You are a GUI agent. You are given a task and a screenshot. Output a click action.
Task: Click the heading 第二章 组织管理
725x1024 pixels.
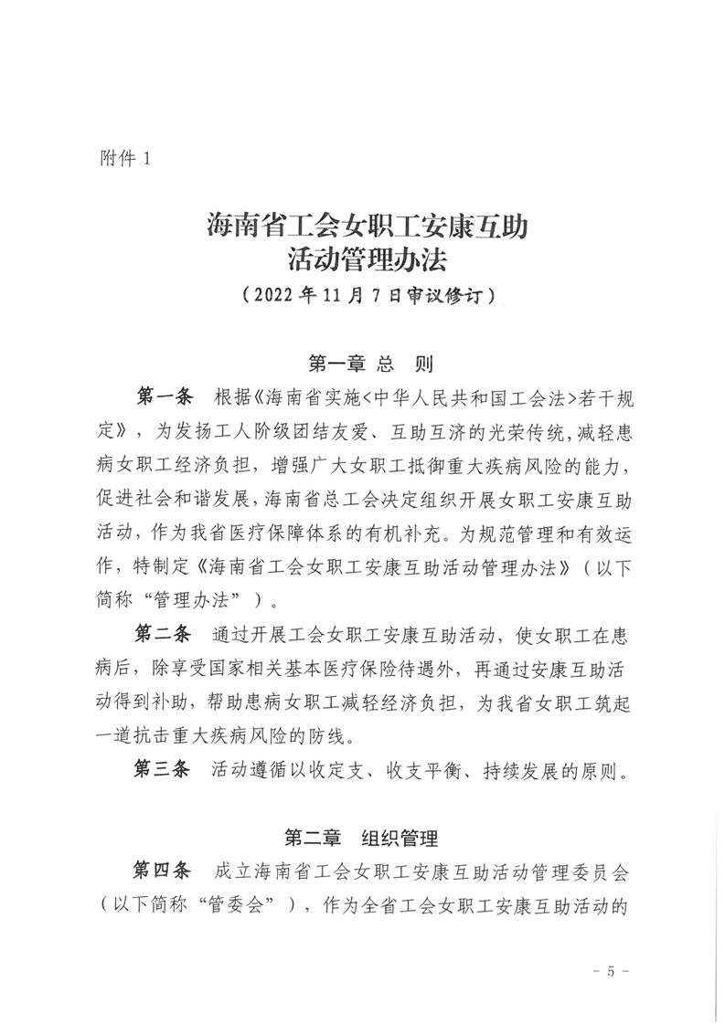click(363, 837)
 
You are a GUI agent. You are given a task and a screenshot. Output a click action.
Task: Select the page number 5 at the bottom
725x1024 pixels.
click(611, 970)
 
